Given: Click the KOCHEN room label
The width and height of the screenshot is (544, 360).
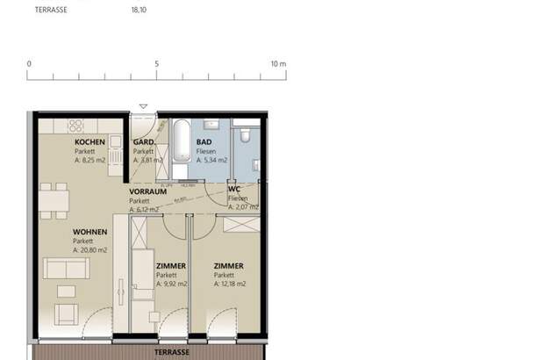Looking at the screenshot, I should tap(89, 142).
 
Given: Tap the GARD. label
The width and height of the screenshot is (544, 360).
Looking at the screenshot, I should tap(143, 142).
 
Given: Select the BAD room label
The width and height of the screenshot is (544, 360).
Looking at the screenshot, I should tap(204, 142).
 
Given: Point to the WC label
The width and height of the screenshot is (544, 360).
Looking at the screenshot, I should tap(234, 189).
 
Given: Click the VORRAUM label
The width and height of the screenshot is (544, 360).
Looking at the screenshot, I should tap(147, 191).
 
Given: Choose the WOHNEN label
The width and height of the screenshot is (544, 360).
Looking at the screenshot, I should tap(89, 232).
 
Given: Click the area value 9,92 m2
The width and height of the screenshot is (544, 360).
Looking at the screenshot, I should tap(172, 284).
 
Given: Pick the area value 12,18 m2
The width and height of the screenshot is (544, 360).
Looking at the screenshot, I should tap(230, 284).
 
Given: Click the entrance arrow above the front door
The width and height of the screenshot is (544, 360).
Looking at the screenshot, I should tap(143, 106).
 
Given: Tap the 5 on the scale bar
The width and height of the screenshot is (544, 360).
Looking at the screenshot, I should tap(156, 64).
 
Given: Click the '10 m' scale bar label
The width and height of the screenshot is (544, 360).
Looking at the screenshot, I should tap(278, 64).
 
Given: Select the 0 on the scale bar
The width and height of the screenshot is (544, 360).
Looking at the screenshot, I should tap(29, 64).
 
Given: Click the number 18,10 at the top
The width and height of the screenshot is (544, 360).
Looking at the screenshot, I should tap(139, 11).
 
